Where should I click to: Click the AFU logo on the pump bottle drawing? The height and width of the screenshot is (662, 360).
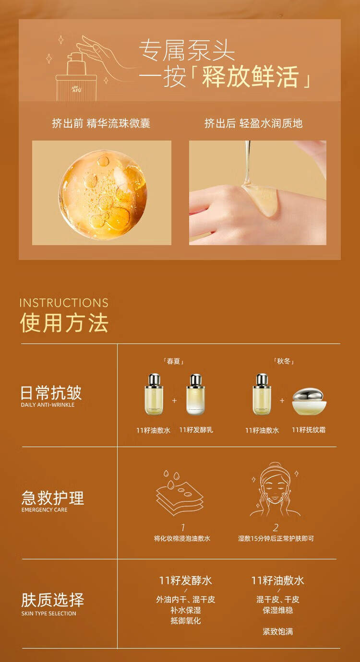pyautogui.click(x=77, y=90)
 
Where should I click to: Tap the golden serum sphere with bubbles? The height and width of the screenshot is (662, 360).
pyautogui.click(x=103, y=194)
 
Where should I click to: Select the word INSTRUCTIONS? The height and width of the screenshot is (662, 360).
pyautogui.click(x=64, y=303)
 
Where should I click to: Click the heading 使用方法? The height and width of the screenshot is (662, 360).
pyautogui.click(x=64, y=323)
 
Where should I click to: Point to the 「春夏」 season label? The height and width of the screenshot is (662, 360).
pyautogui.click(x=174, y=361)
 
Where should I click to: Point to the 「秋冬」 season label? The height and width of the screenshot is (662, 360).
pyautogui.click(x=283, y=361)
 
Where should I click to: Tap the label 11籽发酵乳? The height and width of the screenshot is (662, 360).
pyautogui.click(x=196, y=430)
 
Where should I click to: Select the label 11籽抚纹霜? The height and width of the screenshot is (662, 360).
pyautogui.click(x=309, y=430)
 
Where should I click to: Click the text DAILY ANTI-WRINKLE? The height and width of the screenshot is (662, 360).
pyautogui.click(x=48, y=405)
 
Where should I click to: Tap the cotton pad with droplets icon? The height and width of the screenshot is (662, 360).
pyautogui.click(x=180, y=493)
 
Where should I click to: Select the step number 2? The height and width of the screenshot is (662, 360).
pyautogui.click(x=276, y=528)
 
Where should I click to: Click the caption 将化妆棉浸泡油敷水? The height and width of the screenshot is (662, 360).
pyautogui.click(x=182, y=538)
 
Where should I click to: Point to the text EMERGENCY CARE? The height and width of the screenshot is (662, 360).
pyautogui.click(x=44, y=510)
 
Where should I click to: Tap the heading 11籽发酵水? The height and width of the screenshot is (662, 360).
pyautogui.click(x=185, y=581)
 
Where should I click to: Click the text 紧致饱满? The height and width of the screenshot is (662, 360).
pyautogui.click(x=278, y=632)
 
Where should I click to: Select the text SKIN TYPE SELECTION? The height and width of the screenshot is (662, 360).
pyautogui.click(x=48, y=614)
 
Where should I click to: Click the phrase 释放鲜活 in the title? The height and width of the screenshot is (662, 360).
pyautogui.click(x=250, y=77)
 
